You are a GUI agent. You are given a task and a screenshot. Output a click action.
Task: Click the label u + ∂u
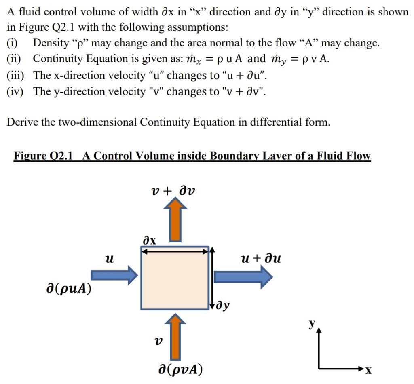[x=260, y=258]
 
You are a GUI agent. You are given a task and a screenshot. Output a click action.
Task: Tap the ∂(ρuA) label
[x=68, y=289]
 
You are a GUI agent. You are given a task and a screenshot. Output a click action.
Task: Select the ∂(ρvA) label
[x=180, y=369]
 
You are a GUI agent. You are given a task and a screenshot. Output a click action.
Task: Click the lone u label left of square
[x=108, y=258]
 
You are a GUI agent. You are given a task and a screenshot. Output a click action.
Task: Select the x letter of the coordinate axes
[x=368, y=370]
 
